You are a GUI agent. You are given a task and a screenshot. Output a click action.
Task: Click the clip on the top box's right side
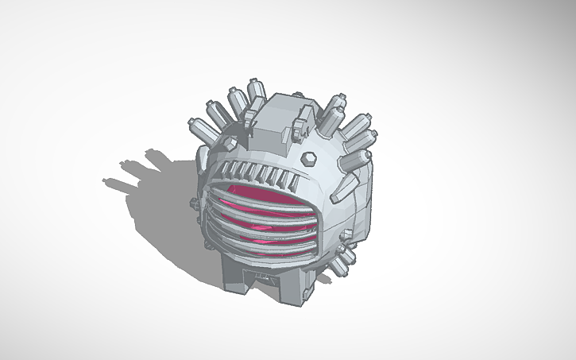coord(303,122)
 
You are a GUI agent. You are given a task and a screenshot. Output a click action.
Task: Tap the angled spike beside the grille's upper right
coord(346,188)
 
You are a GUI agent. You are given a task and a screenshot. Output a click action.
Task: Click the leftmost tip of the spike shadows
coord(107,182)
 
